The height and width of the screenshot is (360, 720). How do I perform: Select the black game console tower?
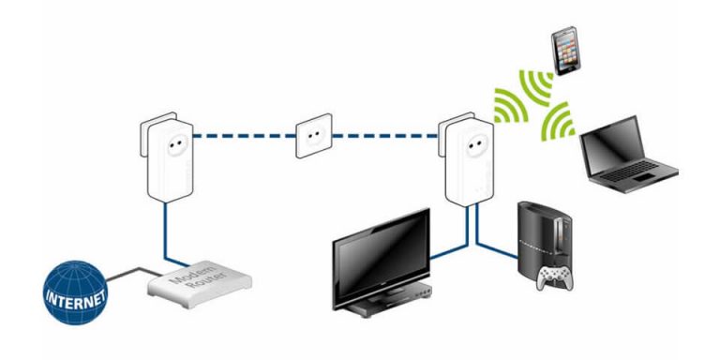pos(543,234)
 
